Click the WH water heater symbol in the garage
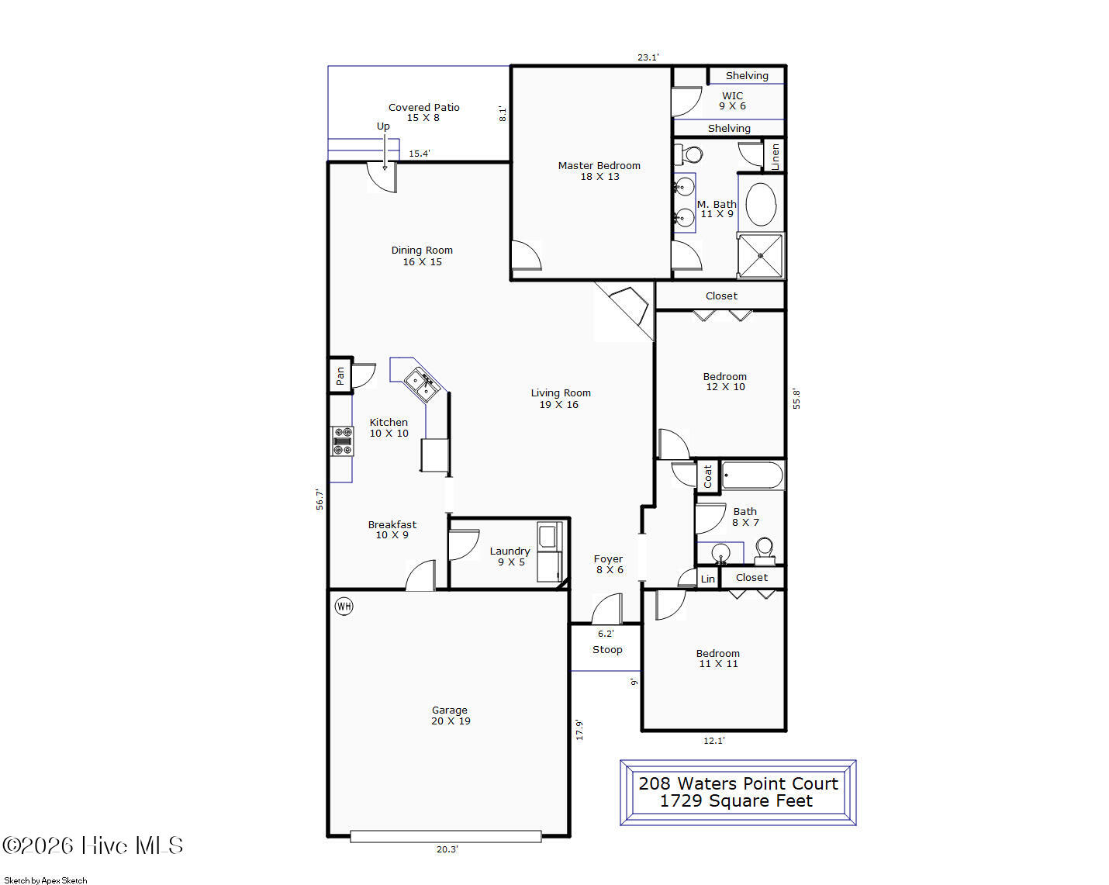pyautogui.click(x=344, y=606)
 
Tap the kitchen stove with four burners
pyautogui.click(x=342, y=441)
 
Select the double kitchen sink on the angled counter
pyautogui.click(x=422, y=385)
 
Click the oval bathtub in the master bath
pyautogui.click(x=761, y=204)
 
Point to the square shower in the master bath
pyautogui.click(x=760, y=256)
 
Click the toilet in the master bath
pyautogui.click(x=689, y=154)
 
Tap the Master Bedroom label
pyautogui.click(x=599, y=165)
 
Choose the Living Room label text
pyautogui.click(x=561, y=392)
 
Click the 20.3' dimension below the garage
pyautogui.click(x=447, y=849)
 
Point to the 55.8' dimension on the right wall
pyautogui.click(x=796, y=399)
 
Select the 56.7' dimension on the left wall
pyautogui.click(x=320, y=500)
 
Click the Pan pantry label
pyautogui.click(x=340, y=375)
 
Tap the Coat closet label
pyautogui.click(x=707, y=476)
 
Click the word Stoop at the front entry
pyautogui.click(x=607, y=649)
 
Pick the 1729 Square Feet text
pyautogui.click(x=736, y=800)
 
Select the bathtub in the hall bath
pyautogui.click(x=752, y=475)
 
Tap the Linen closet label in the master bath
pyautogui.click(x=775, y=156)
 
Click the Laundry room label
pyautogui.click(x=510, y=551)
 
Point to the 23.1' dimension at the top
pyautogui.click(x=648, y=57)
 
